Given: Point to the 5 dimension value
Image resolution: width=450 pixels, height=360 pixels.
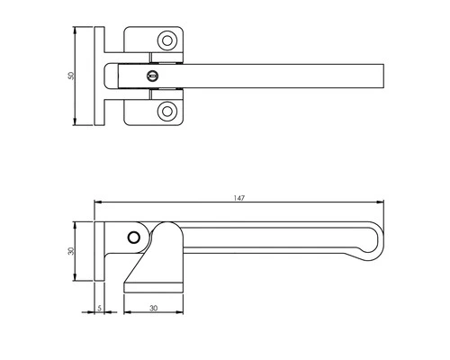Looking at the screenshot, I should coord(98,308).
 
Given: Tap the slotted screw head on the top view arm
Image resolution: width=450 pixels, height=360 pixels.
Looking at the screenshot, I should coord(153,76).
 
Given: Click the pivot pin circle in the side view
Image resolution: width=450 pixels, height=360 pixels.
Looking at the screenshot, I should coord(134,237).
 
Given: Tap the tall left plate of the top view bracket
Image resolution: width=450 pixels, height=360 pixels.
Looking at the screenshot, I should coord(98,76).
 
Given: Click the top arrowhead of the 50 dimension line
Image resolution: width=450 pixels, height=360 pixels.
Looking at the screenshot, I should coord(76,30).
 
